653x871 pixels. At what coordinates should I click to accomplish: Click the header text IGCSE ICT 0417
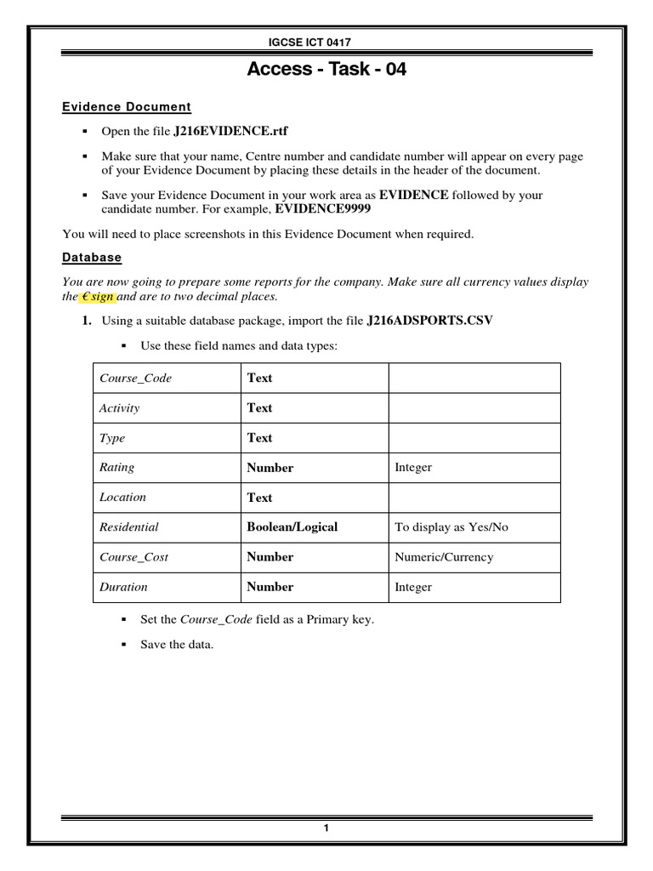pyautogui.click(x=326, y=43)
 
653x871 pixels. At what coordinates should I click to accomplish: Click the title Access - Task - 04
pyautogui.click(x=326, y=70)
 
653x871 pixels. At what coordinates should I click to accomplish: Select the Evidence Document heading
pyautogui.click(x=127, y=107)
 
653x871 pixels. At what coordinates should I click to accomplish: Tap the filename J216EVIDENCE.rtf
pyautogui.click(x=236, y=132)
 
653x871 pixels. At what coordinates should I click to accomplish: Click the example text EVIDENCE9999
pyautogui.click(x=321, y=209)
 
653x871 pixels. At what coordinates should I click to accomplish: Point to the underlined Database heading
pyautogui.click(x=92, y=257)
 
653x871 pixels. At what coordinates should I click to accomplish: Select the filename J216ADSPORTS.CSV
pyautogui.click(x=429, y=321)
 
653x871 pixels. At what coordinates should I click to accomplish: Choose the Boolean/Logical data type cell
pyautogui.click(x=292, y=527)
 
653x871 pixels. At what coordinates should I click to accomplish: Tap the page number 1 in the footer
pyautogui.click(x=326, y=829)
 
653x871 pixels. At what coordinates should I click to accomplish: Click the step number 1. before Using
pyautogui.click(x=87, y=321)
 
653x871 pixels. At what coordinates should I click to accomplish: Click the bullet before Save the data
pyautogui.click(x=123, y=645)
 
